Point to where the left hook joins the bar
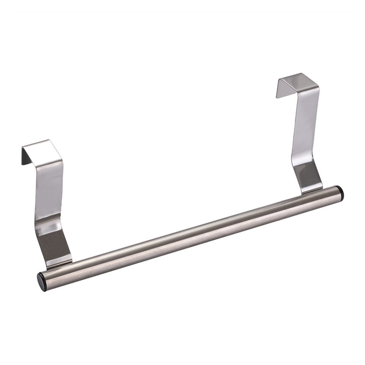58,265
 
